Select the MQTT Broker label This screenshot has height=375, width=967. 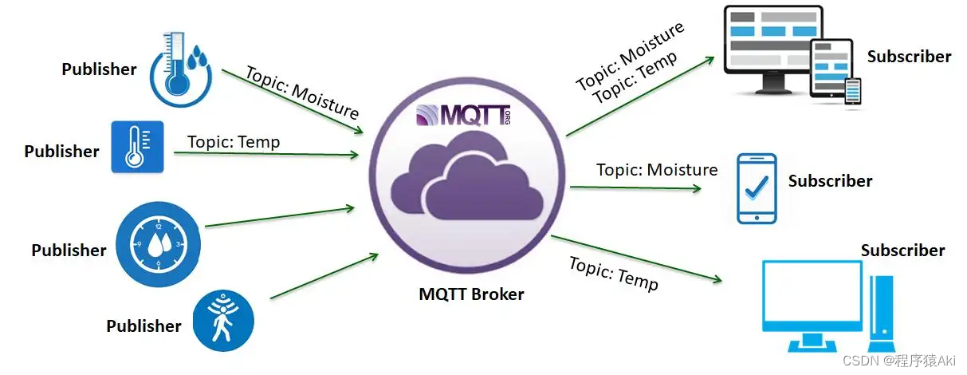471,294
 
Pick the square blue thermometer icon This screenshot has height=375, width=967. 137,147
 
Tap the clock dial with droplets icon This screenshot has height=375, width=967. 159,243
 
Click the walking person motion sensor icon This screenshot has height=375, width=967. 222,320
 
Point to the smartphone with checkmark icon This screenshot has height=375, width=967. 755,187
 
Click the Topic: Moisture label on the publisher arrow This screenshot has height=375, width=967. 302,93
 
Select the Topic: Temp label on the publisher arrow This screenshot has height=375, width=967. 234,142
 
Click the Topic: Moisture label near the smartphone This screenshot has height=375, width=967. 657,169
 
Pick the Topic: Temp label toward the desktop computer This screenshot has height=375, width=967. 614,273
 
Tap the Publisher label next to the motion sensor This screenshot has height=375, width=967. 143,326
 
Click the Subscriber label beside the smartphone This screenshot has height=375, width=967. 830,181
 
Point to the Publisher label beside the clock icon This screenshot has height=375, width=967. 69,251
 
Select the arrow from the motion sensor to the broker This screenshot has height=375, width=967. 324,277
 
